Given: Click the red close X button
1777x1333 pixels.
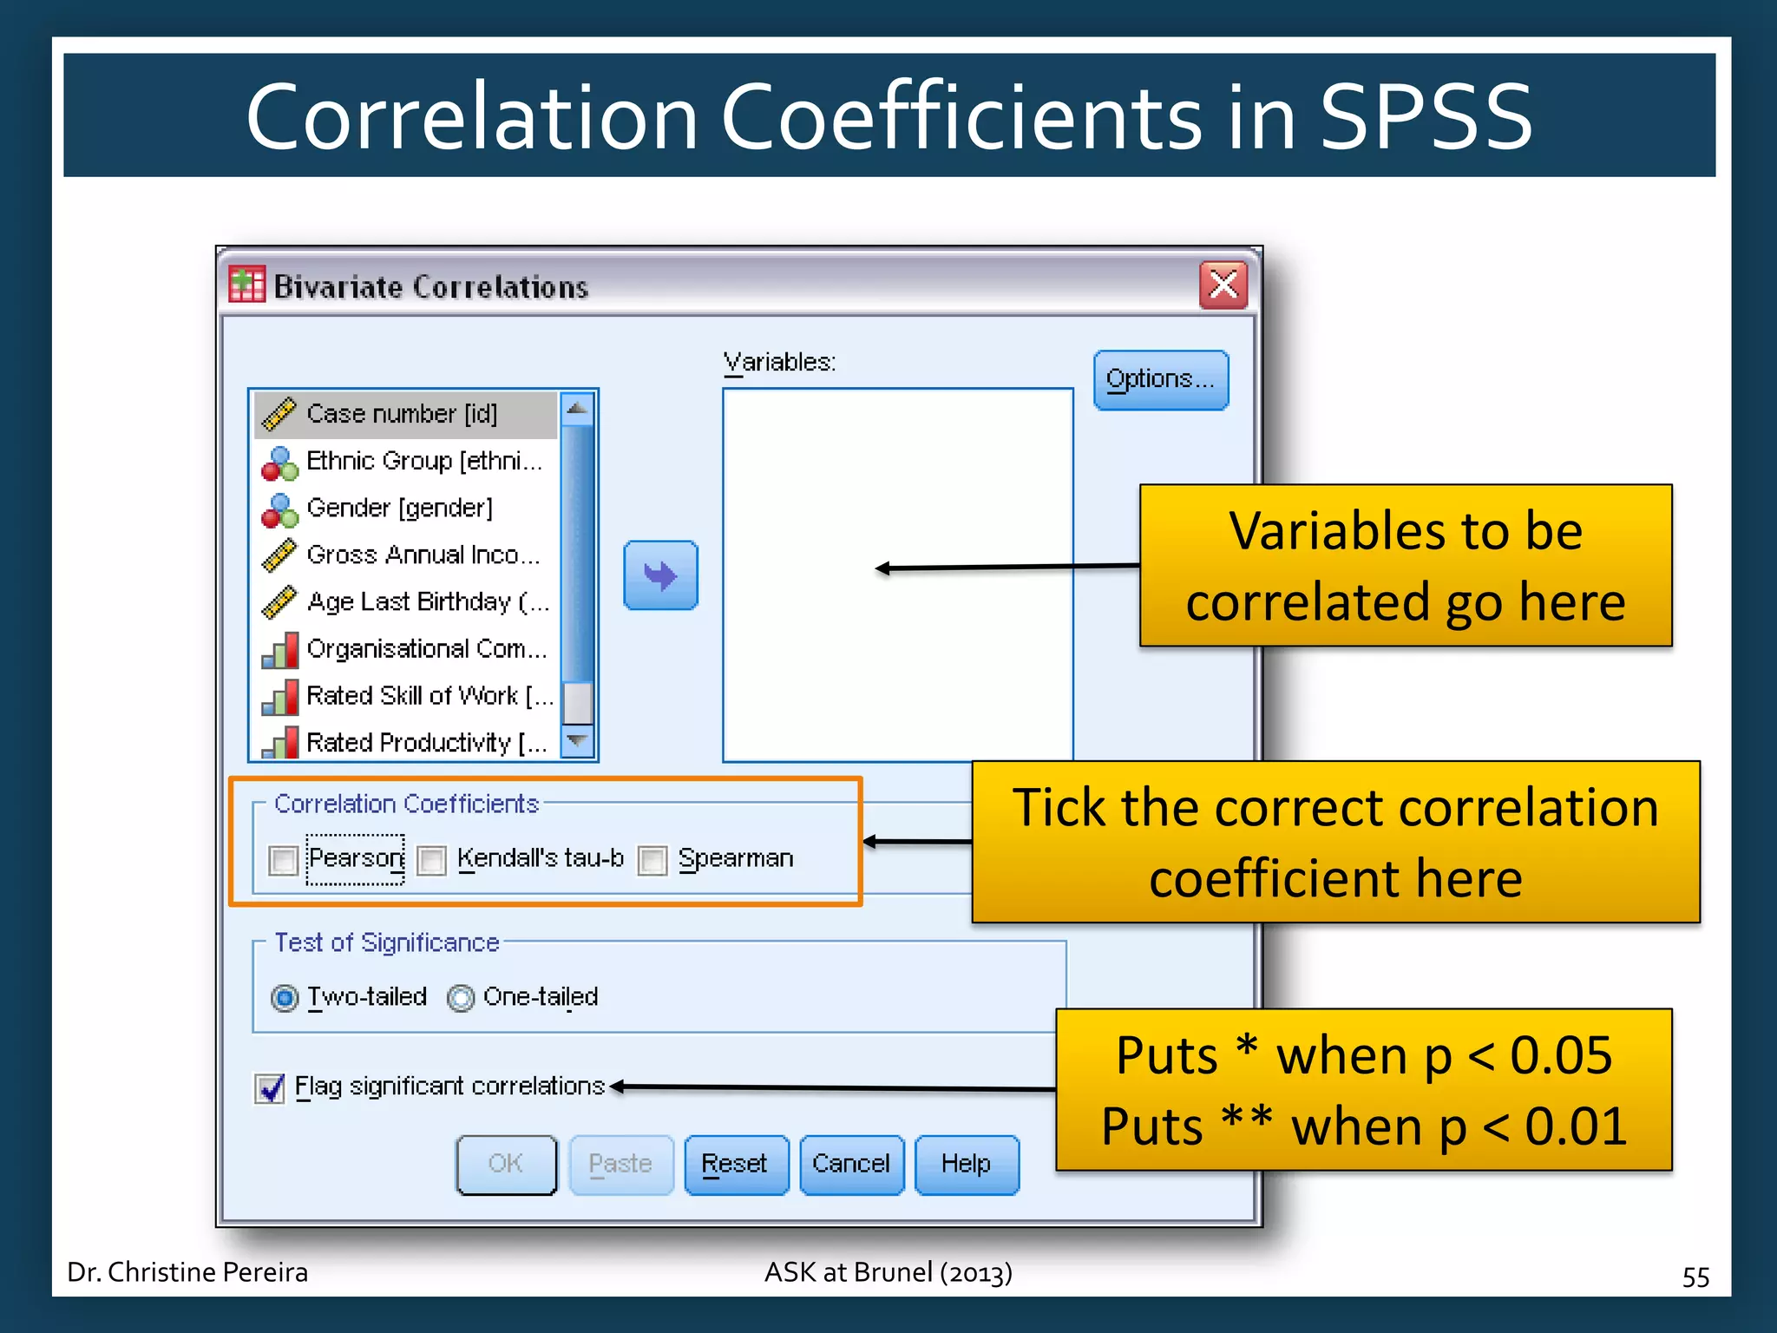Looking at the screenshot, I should coord(1223,285).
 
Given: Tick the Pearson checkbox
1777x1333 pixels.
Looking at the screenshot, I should coord(284,860).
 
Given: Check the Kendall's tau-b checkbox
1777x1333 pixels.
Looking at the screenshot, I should coord(431,860).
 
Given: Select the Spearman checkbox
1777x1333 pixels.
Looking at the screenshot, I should coord(652,860).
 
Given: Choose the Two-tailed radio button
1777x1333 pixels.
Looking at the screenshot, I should coord(285,998).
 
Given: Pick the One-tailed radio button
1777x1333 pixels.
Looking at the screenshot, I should coord(461,998).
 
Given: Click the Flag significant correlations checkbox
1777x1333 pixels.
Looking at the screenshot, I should coord(270,1087).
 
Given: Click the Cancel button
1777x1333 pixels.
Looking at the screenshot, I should coord(851,1165).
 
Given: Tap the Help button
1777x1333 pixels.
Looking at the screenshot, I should coord(966,1165).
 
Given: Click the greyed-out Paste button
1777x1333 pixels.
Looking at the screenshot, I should coord(620,1165).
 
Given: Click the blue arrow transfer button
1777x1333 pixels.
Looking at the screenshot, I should coord(660,575).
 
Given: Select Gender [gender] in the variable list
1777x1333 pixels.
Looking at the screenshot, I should coord(399,508).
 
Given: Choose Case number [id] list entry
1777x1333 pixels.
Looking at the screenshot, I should coord(402,414).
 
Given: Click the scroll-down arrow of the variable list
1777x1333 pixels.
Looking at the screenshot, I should coord(577,742).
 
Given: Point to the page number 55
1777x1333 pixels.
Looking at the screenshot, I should coord(1695,1277).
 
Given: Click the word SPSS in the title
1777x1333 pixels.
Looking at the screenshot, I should coord(1426,117).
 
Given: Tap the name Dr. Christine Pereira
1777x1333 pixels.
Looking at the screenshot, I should coord(187,1272).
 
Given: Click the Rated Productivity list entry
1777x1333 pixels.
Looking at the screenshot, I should coord(425,743).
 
